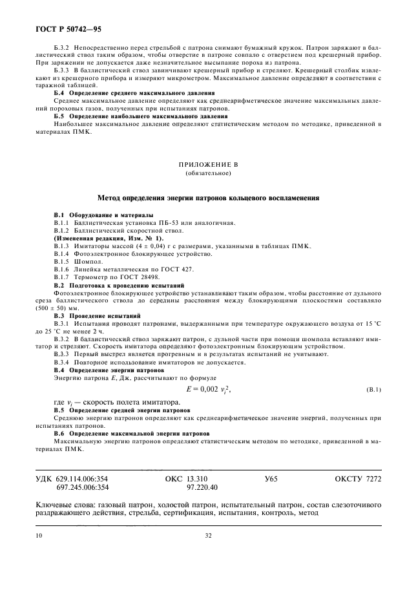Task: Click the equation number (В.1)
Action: click(374, 390)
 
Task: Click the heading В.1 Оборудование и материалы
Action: click(103, 214)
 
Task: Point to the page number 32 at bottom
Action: click(208, 535)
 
